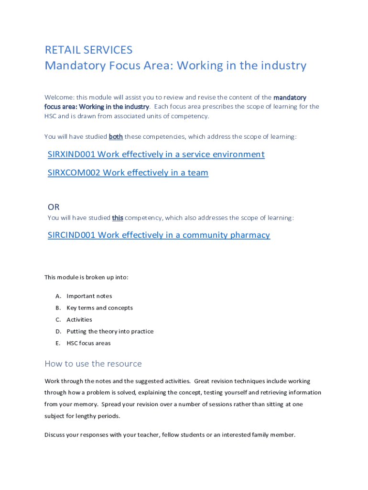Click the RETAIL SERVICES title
click(x=88, y=50)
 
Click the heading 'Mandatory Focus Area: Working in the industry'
click(x=175, y=66)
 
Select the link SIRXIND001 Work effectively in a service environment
click(x=156, y=154)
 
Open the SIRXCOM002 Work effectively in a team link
click(x=128, y=172)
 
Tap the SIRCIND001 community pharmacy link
click(x=159, y=234)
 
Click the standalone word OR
click(x=54, y=207)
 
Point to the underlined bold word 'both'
click(x=116, y=137)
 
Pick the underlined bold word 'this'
click(x=118, y=218)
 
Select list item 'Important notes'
click(x=89, y=296)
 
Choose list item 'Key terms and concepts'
click(x=99, y=308)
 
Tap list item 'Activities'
click(x=79, y=320)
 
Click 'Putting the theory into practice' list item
click(x=110, y=331)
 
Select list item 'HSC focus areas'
click(x=88, y=343)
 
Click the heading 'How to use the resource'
click(x=93, y=364)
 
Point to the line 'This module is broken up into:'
click(x=87, y=277)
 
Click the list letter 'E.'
click(x=58, y=343)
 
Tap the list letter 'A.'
click(x=58, y=296)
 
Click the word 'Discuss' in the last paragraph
click(x=55, y=435)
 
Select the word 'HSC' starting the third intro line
click(x=50, y=116)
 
